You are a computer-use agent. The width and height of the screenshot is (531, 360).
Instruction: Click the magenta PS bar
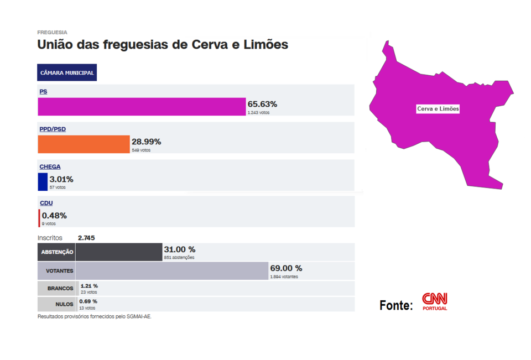pyautogui.click(x=142, y=107)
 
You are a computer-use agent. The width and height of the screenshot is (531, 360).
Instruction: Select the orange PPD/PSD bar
pyautogui.click(x=84, y=144)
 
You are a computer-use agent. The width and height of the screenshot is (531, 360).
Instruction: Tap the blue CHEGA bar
pyautogui.click(x=43, y=182)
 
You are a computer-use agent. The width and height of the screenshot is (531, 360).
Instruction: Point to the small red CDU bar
pyautogui.click(x=39, y=218)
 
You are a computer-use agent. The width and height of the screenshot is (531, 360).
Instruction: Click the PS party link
pyautogui.click(x=43, y=91)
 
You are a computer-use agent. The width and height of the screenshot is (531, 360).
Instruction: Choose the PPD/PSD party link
pyautogui.click(x=53, y=129)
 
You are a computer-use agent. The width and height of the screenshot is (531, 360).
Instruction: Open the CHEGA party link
pyautogui.click(x=50, y=166)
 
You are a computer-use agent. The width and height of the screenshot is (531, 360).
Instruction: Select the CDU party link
pyautogui.click(x=46, y=203)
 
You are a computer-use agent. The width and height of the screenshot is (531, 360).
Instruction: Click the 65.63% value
pyautogui.click(x=262, y=104)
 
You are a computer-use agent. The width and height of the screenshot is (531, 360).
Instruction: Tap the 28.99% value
pyautogui.click(x=146, y=142)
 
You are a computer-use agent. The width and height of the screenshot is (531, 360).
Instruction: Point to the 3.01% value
pyautogui.click(x=61, y=179)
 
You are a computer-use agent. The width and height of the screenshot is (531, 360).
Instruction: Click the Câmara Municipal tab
pyautogui.click(x=67, y=73)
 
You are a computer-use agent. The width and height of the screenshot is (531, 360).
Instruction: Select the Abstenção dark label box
pyautogui.click(x=56, y=252)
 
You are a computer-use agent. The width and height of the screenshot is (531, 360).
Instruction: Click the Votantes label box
pyautogui.click(x=56, y=271)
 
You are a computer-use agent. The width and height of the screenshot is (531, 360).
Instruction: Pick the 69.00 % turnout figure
pyautogui.click(x=286, y=268)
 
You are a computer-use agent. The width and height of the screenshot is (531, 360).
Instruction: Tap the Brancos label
pyautogui.click(x=60, y=288)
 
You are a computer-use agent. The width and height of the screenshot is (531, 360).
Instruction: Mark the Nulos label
pyautogui.click(x=64, y=304)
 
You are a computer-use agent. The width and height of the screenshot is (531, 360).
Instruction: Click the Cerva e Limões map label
pyautogui.click(x=438, y=109)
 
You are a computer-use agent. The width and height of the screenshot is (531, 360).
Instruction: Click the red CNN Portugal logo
pyautogui.click(x=435, y=301)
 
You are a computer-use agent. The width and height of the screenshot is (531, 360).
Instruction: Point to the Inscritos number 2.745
pyautogui.click(x=86, y=238)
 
